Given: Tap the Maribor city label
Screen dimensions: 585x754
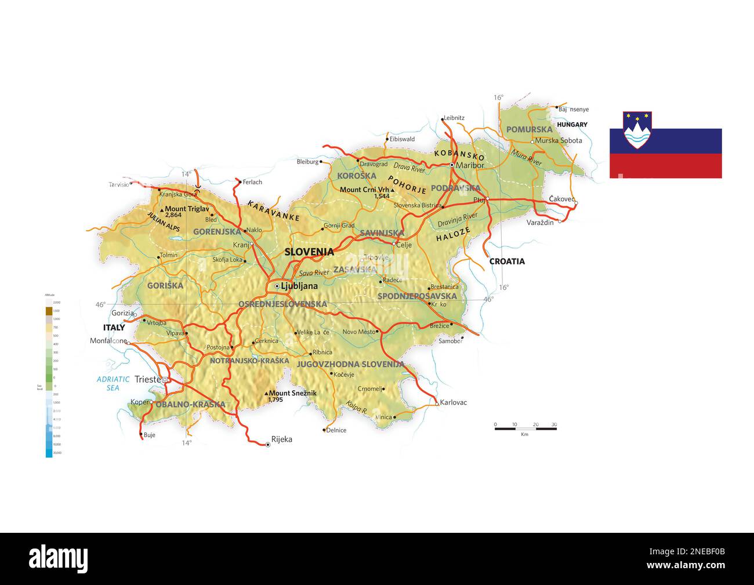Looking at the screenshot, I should (x=470, y=165).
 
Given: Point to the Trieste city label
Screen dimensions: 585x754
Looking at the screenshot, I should (x=147, y=380).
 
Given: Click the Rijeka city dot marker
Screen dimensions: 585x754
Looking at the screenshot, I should (x=267, y=445).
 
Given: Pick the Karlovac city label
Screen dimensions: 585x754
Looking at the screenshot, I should (x=454, y=402).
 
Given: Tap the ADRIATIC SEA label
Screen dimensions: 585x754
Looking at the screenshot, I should (x=113, y=383).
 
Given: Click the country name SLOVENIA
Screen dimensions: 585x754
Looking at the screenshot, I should (x=309, y=252).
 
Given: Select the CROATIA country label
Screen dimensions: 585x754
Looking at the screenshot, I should (x=507, y=261).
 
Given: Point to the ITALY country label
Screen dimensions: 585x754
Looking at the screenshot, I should (x=114, y=328).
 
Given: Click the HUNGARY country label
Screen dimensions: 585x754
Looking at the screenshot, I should (x=572, y=125).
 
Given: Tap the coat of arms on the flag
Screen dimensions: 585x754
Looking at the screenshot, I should (x=637, y=130).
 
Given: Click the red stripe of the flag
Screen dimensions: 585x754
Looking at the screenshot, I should (x=665, y=166).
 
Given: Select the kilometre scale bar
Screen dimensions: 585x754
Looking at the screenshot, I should (x=525, y=428).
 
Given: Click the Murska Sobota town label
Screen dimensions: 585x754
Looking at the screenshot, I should (x=559, y=141).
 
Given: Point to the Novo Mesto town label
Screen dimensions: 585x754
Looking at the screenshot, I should (x=359, y=332).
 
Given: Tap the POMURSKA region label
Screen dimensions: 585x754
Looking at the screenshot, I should (x=529, y=129).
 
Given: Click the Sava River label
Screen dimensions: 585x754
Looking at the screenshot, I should (x=314, y=272).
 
